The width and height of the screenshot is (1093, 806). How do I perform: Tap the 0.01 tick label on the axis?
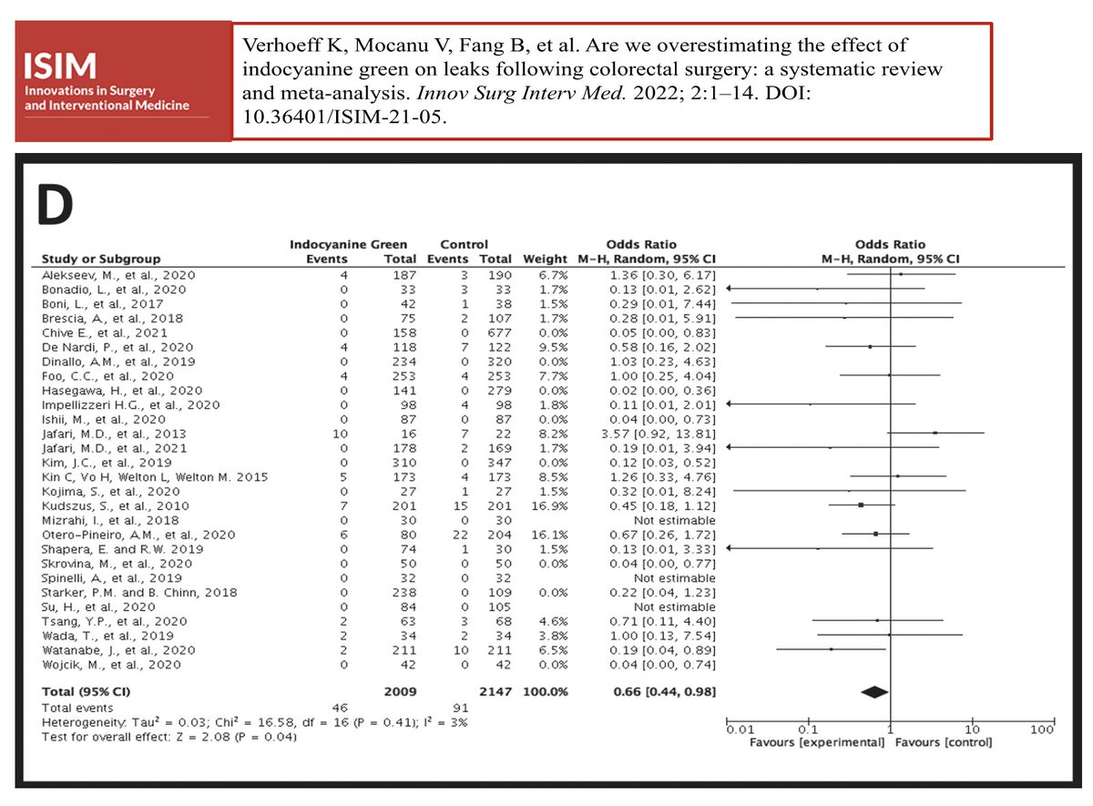tap(740, 729)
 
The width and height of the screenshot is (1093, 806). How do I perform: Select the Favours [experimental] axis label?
tap(816, 742)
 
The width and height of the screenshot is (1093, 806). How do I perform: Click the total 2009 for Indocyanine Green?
tap(402, 691)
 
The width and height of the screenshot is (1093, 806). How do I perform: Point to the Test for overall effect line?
tap(169, 736)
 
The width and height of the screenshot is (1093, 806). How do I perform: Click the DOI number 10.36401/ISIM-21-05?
tap(342, 118)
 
